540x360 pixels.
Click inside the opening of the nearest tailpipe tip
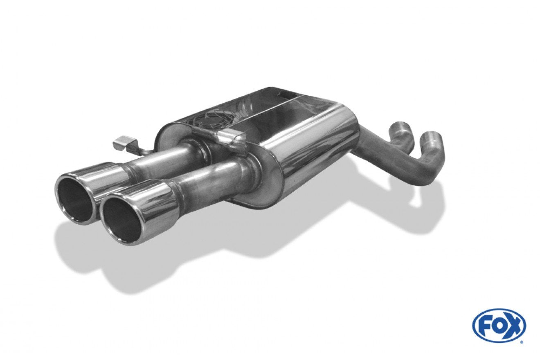click(x=122, y=219)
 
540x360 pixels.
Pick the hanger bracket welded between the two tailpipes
click(x=232, y=139)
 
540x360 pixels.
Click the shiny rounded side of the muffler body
click(x=315, y=147)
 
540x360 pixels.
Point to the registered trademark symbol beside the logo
click(x=522, y=342)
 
